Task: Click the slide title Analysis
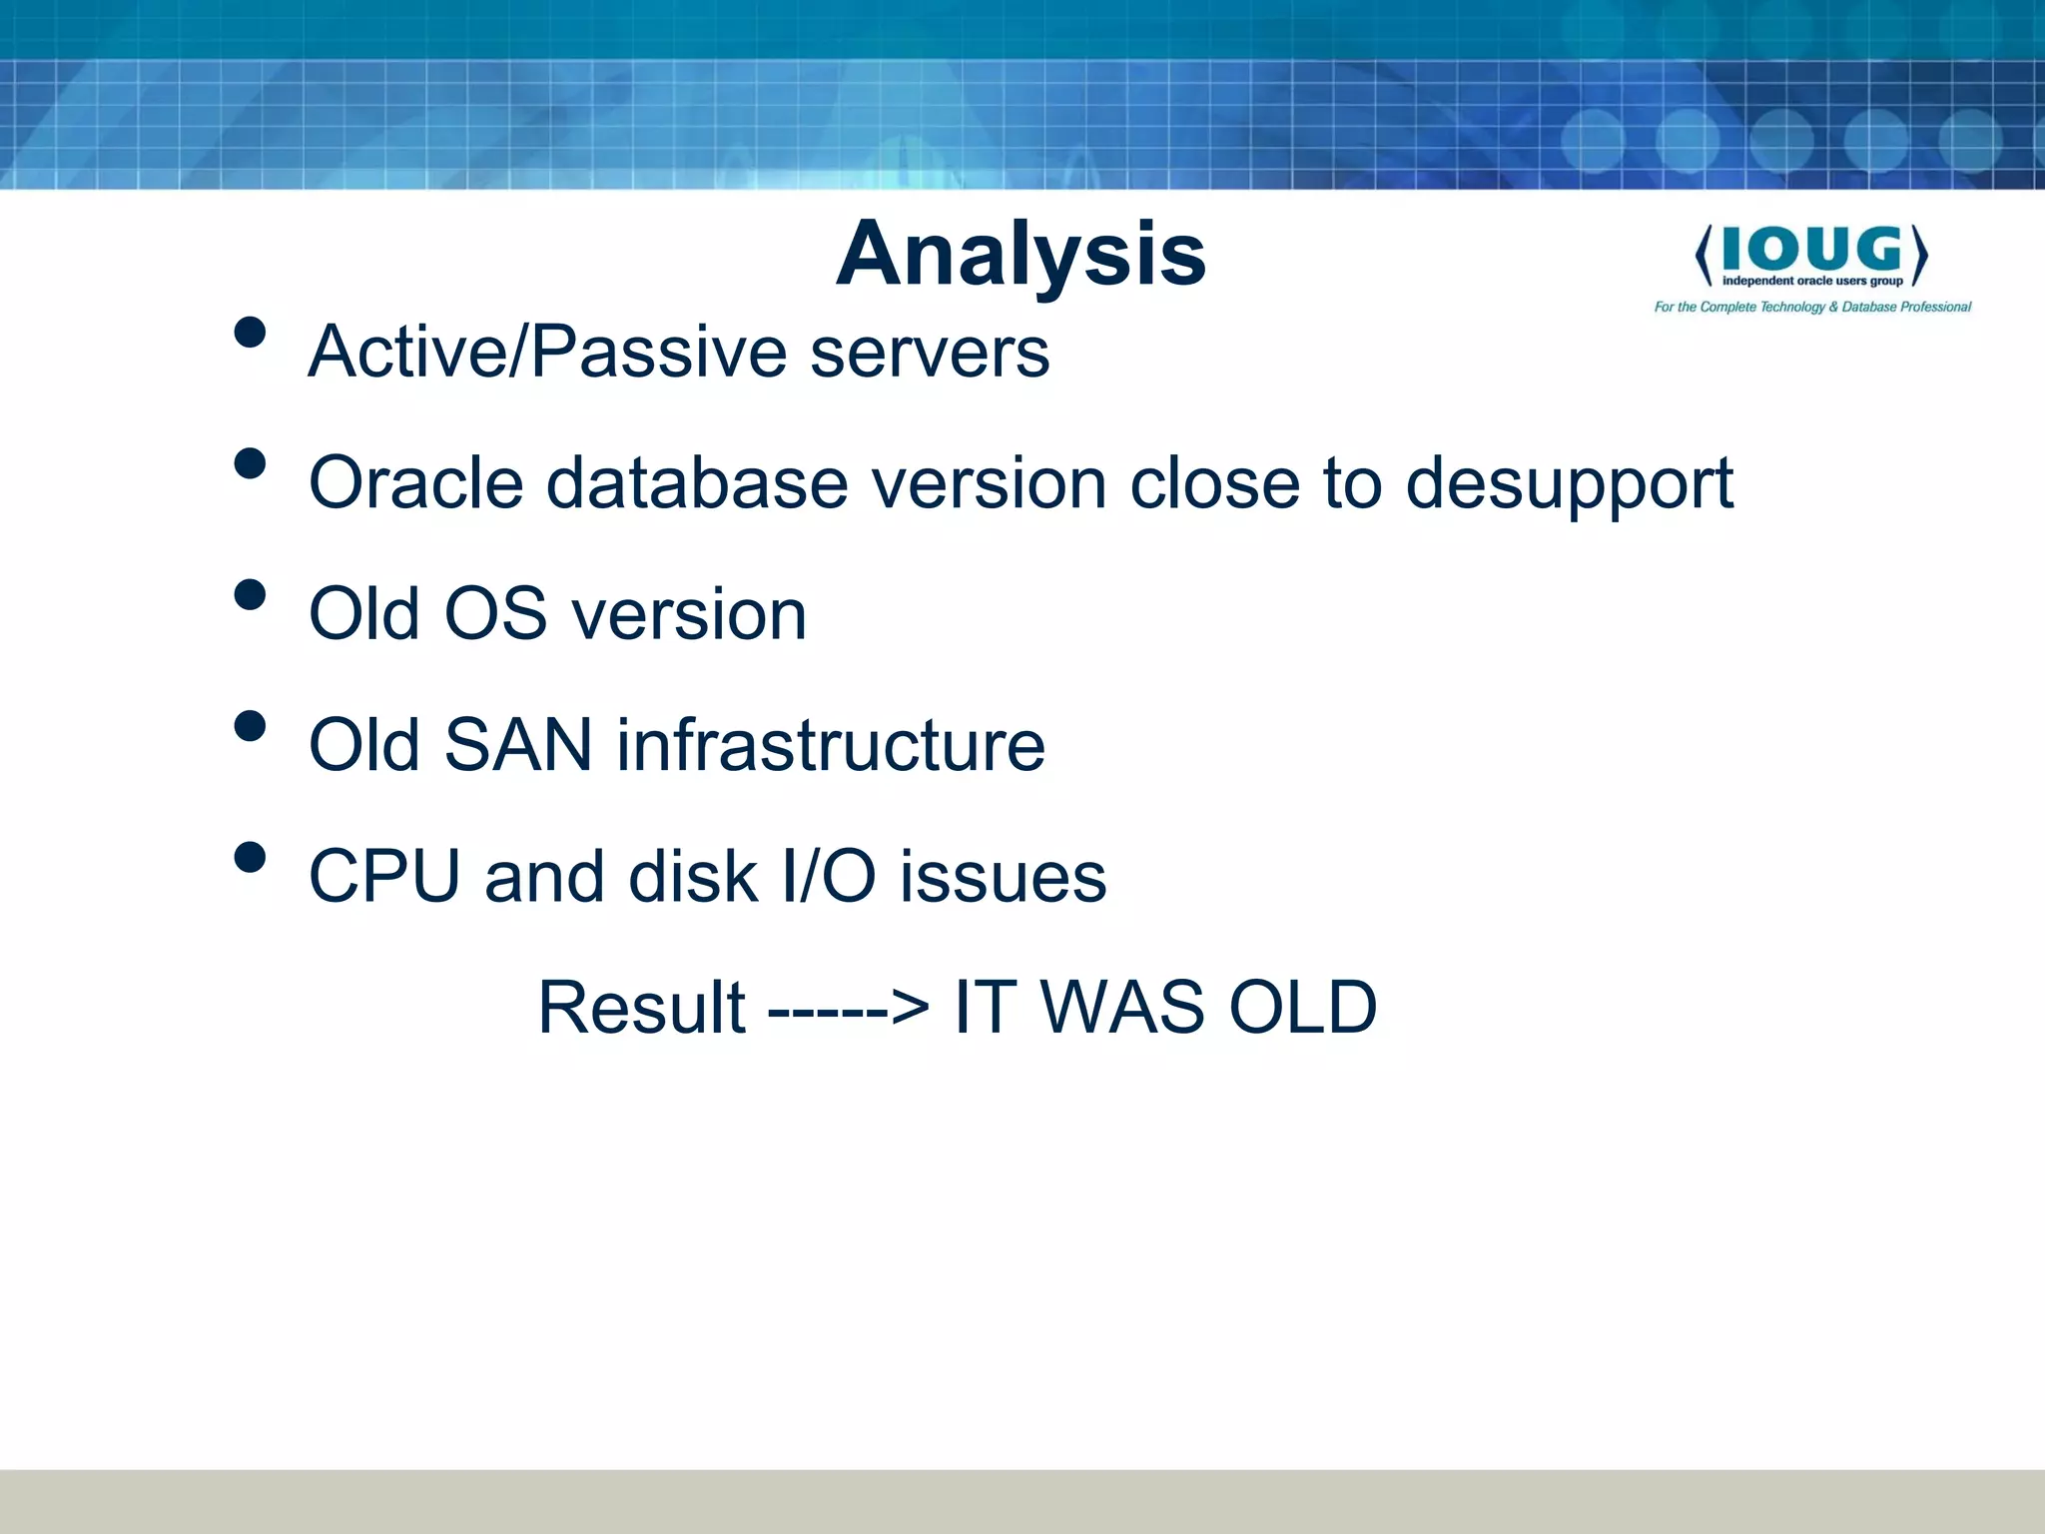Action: point(1021,255)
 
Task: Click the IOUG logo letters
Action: point(1811,249)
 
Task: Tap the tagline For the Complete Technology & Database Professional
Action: point(1812,307)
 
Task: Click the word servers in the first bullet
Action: point(930,353)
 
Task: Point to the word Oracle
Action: point(415,483)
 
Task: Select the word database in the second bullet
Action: point(697,483)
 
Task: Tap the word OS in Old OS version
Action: point(495,614)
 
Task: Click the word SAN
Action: point(517,745)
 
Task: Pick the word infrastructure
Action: point(830,745)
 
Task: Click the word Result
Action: point(641,1008)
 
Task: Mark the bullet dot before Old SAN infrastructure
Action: point(250,726)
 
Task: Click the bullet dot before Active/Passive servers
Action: point(250,333)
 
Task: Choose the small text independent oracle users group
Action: point(1811,281)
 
